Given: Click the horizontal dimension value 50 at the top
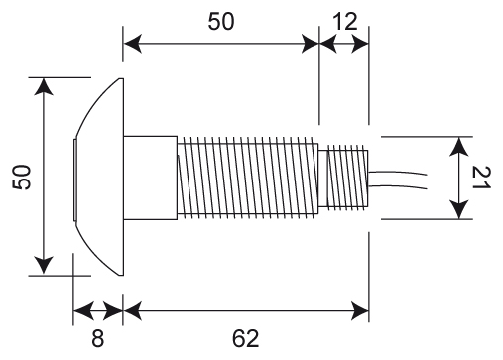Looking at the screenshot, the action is [221, 22].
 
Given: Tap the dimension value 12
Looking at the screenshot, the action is [345, 22].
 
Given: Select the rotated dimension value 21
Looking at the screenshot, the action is [481, 178].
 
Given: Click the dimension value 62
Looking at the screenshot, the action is [245, 338].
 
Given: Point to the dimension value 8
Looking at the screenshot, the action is [97, 338].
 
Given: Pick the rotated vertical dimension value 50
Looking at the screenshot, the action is [22, 177].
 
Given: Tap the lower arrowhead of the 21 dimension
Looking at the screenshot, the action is [459, 210].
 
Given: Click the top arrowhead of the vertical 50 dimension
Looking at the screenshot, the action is [44, 86].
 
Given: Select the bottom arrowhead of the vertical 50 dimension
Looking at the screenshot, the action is [44, 266].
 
